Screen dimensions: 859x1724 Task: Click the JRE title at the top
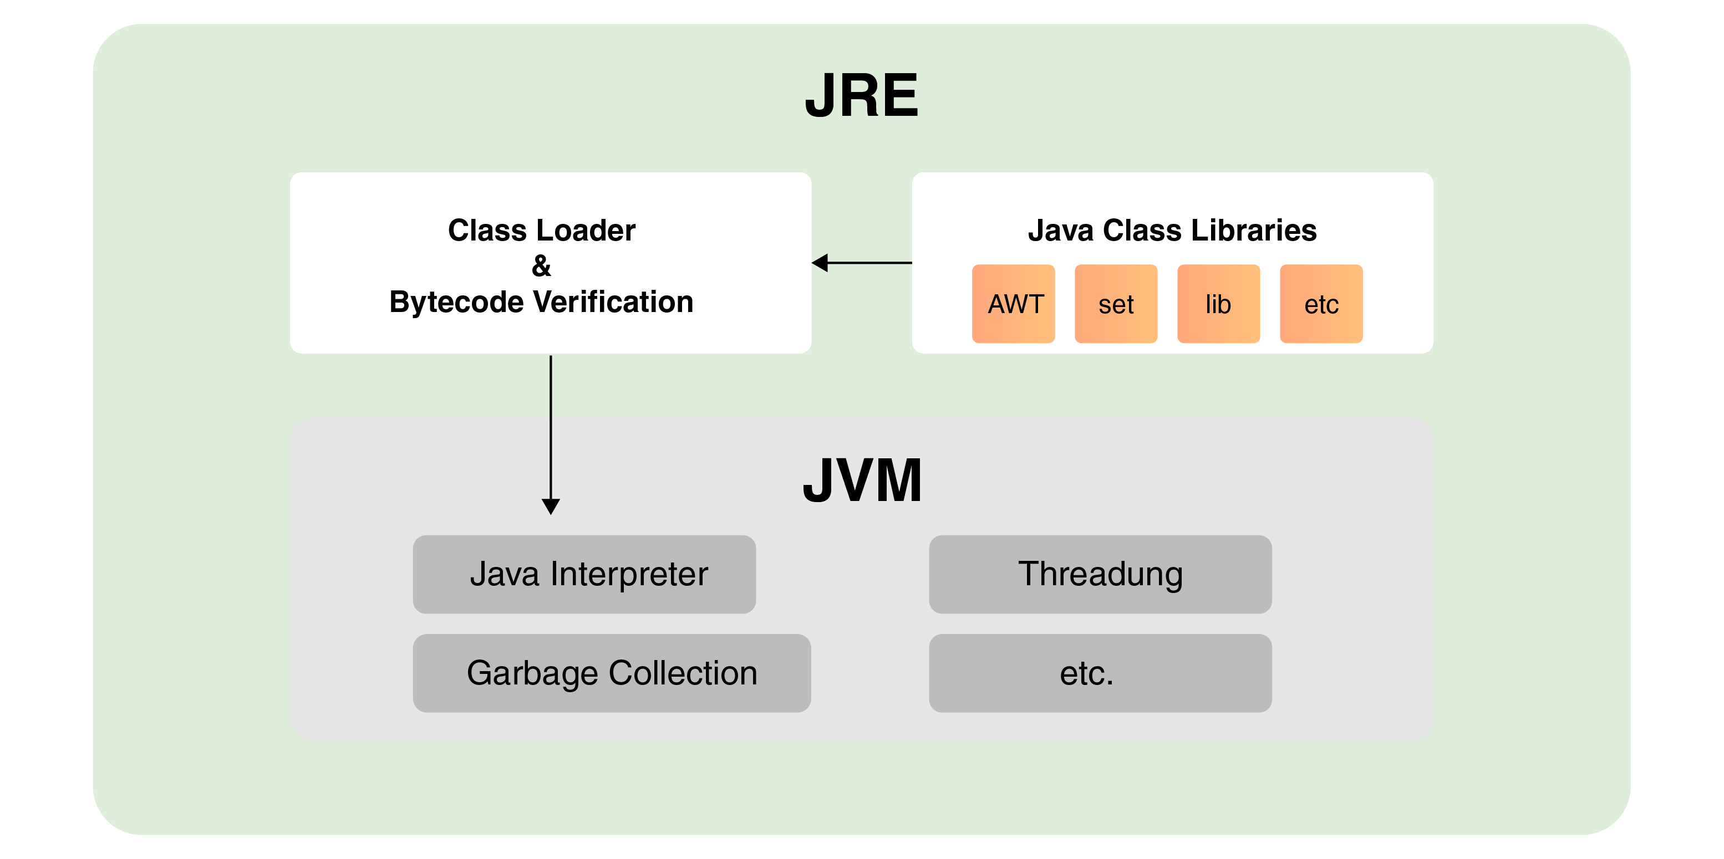click(x=861, y=96)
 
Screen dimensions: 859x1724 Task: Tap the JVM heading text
click(x=862, y=480)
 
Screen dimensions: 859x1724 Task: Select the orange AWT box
click(x=1013, y=304)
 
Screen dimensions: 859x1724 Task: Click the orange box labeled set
click(x=1116, y=304)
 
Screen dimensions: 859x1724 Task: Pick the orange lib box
click(x=1218, y=304)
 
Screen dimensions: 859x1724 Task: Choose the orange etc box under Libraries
click(x=1321, y=304)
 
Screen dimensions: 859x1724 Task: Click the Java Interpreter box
click(x=584, y=574)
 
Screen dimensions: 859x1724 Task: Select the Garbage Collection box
click(x=612, y=673)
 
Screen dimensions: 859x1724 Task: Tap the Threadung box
click(x=1100, y=574)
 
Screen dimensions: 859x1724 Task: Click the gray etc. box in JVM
click(x=1100, y=673)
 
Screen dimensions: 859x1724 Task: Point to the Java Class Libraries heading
click(x=1172, y=230)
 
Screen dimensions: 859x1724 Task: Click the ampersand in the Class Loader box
click(x=541, y=266)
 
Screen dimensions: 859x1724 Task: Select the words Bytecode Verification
click(x=541, y=301)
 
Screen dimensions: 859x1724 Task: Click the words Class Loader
click(x=541, y=230)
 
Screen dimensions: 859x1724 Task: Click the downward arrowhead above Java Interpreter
click(x=551, y=506)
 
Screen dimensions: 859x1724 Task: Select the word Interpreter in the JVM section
click(x=629, y=574)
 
